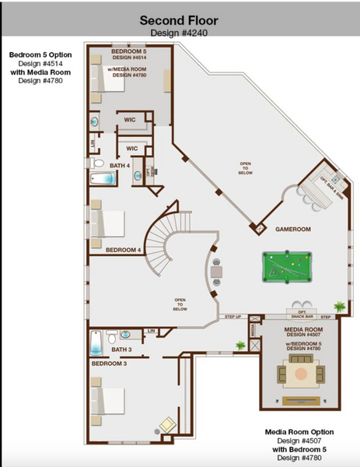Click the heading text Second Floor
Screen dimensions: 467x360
tap(180, 20)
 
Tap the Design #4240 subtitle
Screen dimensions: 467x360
tap(180, 33)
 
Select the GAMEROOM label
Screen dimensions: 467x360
tap(294, 230)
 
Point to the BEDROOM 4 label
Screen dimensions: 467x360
tap(123, 250)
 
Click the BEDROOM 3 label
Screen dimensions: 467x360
tap(110, 363)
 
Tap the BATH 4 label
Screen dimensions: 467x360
tap(119, 166)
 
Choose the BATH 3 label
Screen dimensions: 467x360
tap(122, 349)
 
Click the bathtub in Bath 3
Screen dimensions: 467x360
tap(96, 342)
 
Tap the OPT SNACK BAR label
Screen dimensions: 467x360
tap(302, 314)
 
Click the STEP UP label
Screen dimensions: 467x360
tap(232, 317)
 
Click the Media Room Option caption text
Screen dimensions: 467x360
tap(299, 431)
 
